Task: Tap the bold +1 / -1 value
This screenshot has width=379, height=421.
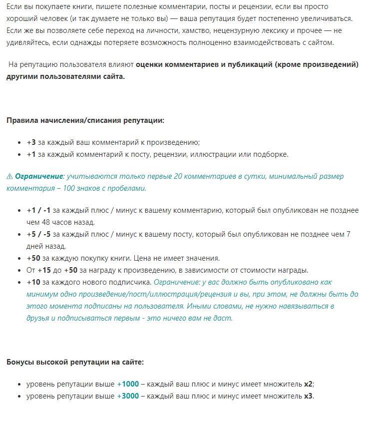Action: [x=38, y=210]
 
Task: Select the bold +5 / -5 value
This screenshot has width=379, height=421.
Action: [x=38, y=234]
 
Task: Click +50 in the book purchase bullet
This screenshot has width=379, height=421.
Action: [x=33, y=258]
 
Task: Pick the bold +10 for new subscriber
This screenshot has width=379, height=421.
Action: [x=33, y=282]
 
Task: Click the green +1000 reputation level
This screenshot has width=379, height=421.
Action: [x=128, y=384]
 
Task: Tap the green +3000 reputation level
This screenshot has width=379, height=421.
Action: [x=128, y=396]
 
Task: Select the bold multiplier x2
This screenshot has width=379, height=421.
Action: [x=308, y=384]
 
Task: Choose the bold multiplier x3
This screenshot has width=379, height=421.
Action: [x=308, y=396]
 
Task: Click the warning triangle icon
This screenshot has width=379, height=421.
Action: [x=9, y=176]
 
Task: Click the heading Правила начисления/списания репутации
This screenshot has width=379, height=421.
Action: [x=85, y=120]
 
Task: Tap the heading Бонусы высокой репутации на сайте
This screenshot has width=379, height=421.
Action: [x=75, y=362]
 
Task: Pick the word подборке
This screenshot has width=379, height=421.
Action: [x=271, y=154]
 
